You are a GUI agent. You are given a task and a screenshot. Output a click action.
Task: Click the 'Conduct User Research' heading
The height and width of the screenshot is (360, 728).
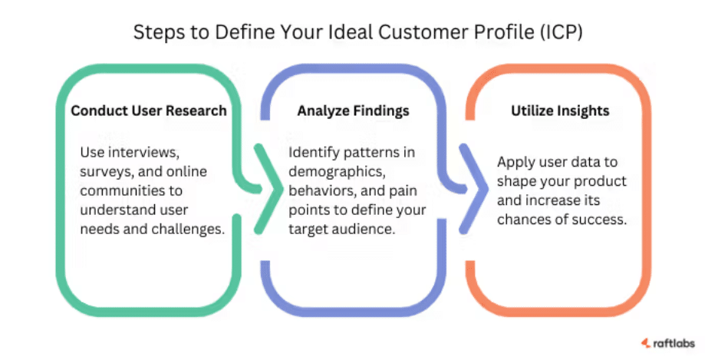(149, 111)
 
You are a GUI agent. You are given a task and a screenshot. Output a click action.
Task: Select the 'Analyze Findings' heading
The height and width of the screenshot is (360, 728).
(353, 111)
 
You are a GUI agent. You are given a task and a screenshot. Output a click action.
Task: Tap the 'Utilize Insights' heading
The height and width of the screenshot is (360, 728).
(560, 111)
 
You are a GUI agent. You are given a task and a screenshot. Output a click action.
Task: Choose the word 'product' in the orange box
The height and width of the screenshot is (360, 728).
(600, 182)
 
